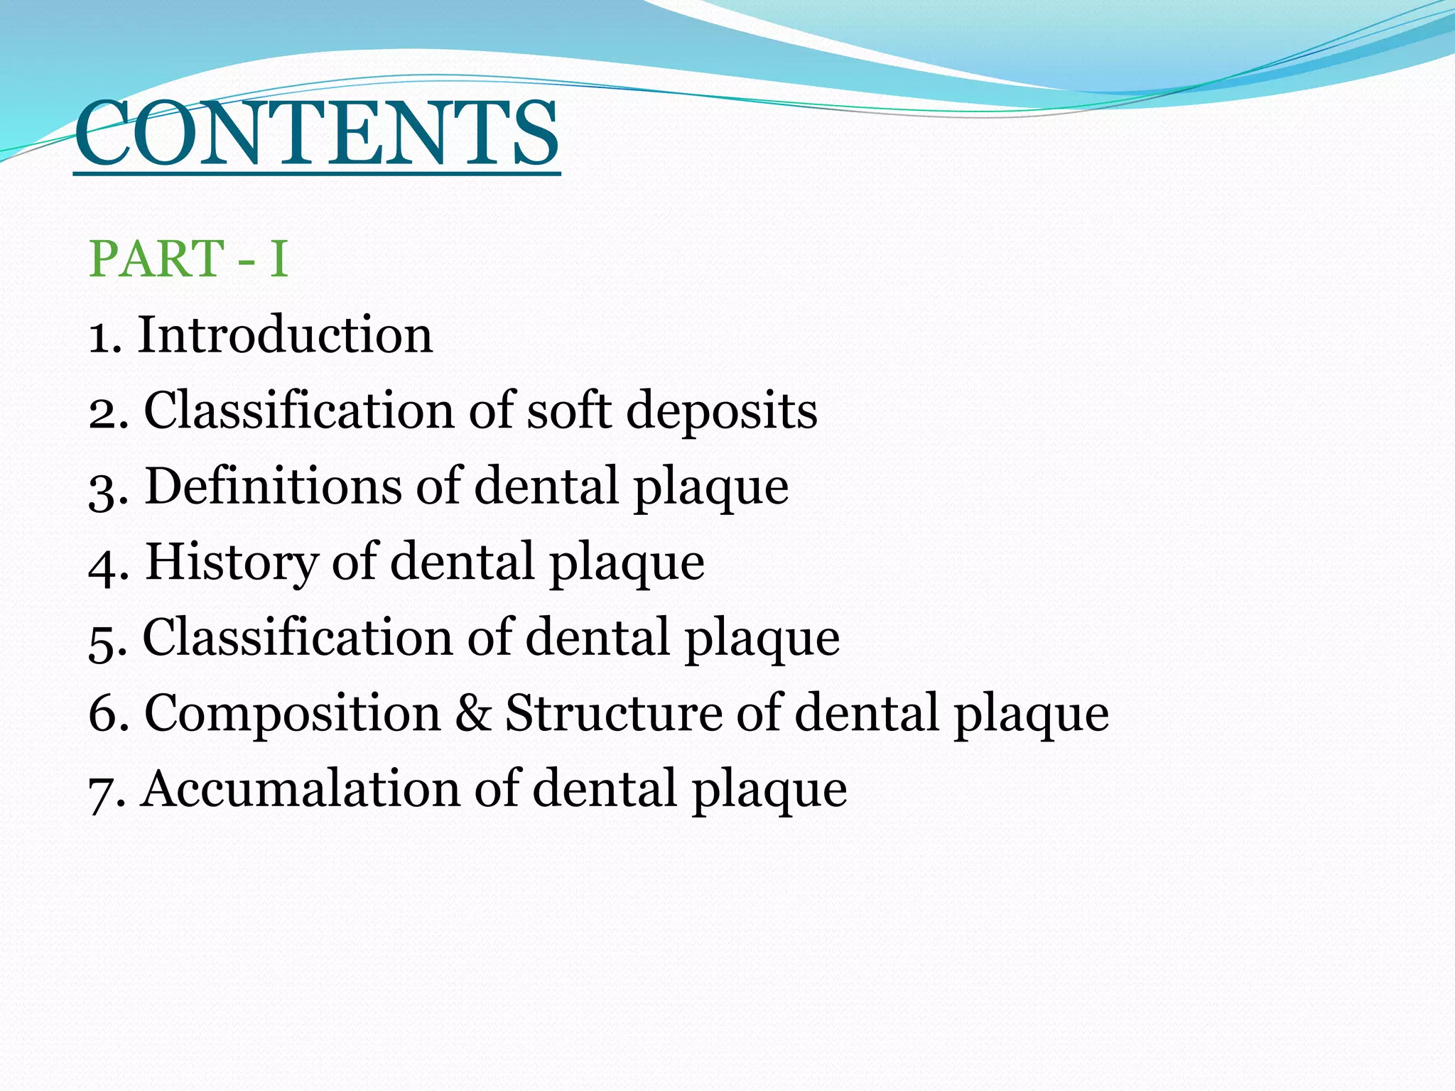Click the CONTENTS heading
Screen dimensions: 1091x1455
[x=317, y=135]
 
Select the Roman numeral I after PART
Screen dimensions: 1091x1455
[x=278, y=259]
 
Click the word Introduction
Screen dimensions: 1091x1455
[x=285, y=335]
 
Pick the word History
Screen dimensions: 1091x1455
[x=232, y=563]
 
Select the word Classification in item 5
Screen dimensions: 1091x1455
[x=297, y=637]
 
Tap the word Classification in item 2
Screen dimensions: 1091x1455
[x=298, y=411]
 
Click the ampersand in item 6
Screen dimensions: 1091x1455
[x=472, y=713]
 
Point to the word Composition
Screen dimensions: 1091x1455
[x=292, y=714]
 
